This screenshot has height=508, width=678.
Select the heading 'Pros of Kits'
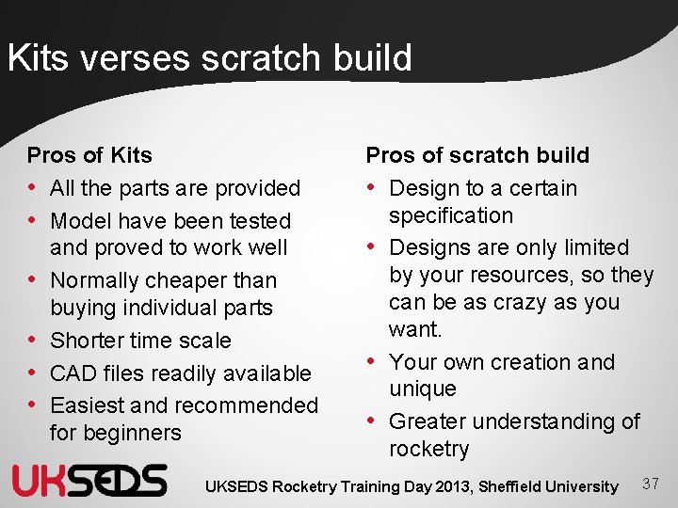click(x=89, y=155)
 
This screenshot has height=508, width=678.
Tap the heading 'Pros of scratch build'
click(x=477, y=155)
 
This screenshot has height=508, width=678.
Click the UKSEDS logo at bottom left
click(x=89, y=480)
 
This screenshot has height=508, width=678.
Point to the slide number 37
click(x=650, y=484)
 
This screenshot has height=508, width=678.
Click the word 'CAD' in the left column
click(x=72, y=373)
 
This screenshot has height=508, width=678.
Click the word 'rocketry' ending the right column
click(x=428, y=449)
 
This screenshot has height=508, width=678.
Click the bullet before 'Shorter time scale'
click(x=34, y=341)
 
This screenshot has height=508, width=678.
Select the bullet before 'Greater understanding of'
click(x=373, y=421)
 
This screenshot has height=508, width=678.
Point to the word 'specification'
click(x=451, y=215)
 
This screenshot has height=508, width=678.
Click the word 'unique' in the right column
click(x=422, y=389)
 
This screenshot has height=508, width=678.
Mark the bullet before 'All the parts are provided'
click(x=34, y=188)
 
